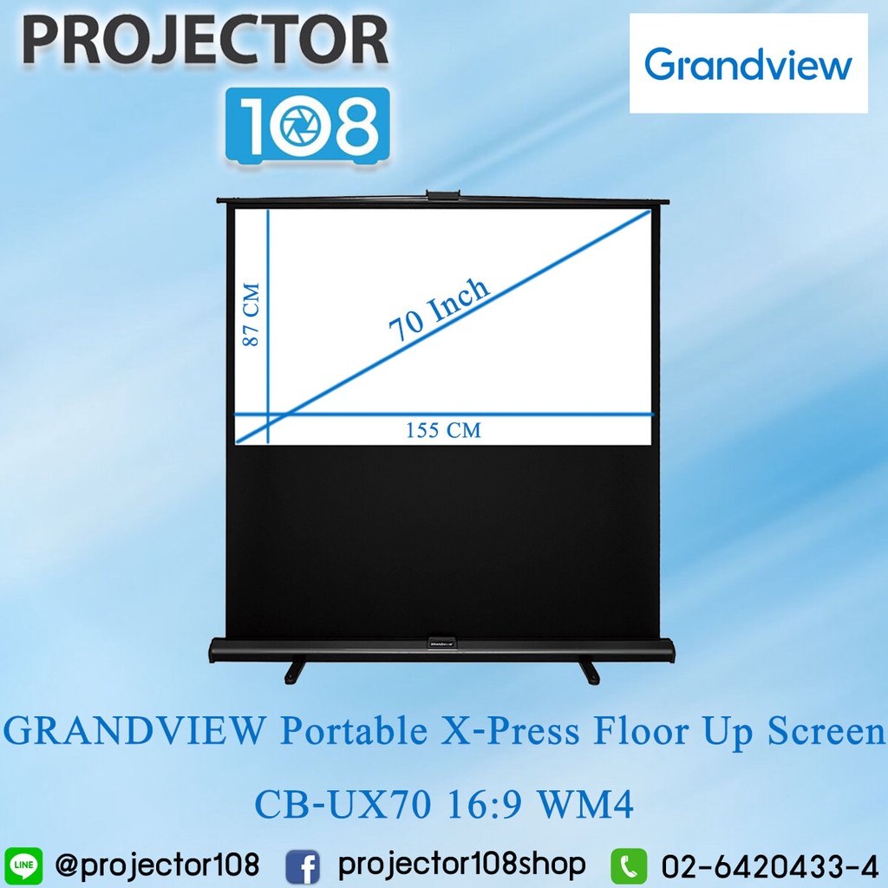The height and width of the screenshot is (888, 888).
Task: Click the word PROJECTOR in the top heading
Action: (205, 42)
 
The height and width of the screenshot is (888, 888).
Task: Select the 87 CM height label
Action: (251, 314)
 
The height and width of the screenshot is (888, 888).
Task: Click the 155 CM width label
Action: (443, 430)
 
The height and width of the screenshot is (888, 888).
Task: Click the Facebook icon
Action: (303, 865)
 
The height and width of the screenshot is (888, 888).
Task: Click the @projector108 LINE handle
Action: (156, 865)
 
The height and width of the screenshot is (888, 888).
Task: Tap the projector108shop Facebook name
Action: (461, 865)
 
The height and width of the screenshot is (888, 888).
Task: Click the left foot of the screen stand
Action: (296, 670)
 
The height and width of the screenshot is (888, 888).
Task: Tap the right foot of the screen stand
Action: (590, 670)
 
